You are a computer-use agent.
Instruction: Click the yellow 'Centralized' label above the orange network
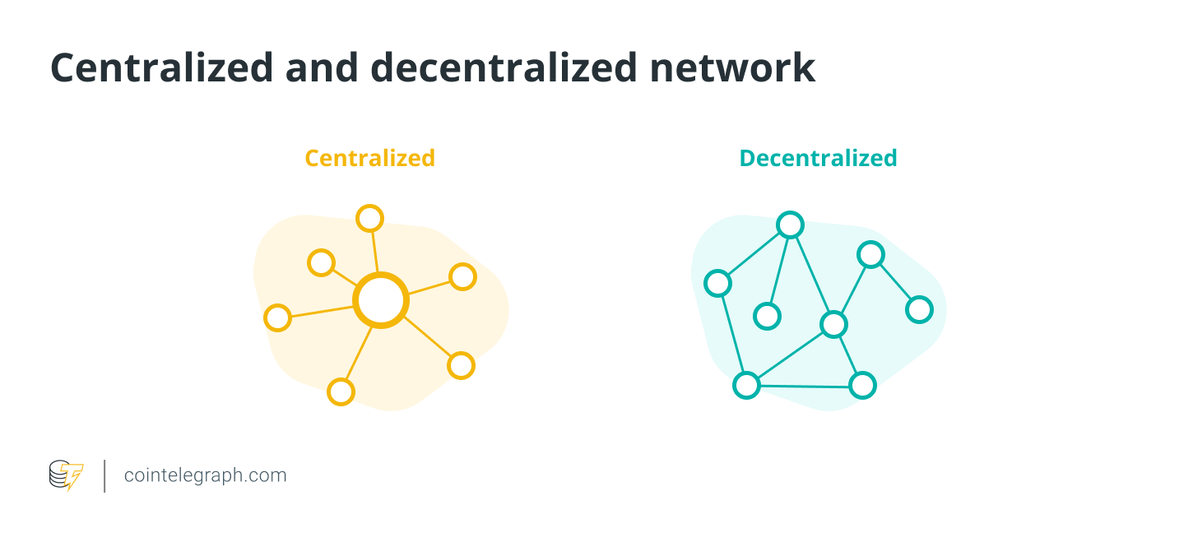[x=369, y=158]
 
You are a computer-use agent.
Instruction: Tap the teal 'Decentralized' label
[x=818, y=158]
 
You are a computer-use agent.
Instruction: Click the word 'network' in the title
[x=732, y=67]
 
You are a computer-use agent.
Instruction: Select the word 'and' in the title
[x=322, y=67]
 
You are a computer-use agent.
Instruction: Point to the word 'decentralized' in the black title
[x=504, y=67]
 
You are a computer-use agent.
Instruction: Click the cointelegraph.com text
[x=205, y=475]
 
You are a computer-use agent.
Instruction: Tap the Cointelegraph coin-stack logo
[x=66, y=475]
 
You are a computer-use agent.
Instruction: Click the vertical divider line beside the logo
[x=104, y=476]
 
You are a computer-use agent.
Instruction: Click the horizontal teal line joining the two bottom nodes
[x=804, y=386]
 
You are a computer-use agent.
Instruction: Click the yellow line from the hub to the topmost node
[x=374, y=252]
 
